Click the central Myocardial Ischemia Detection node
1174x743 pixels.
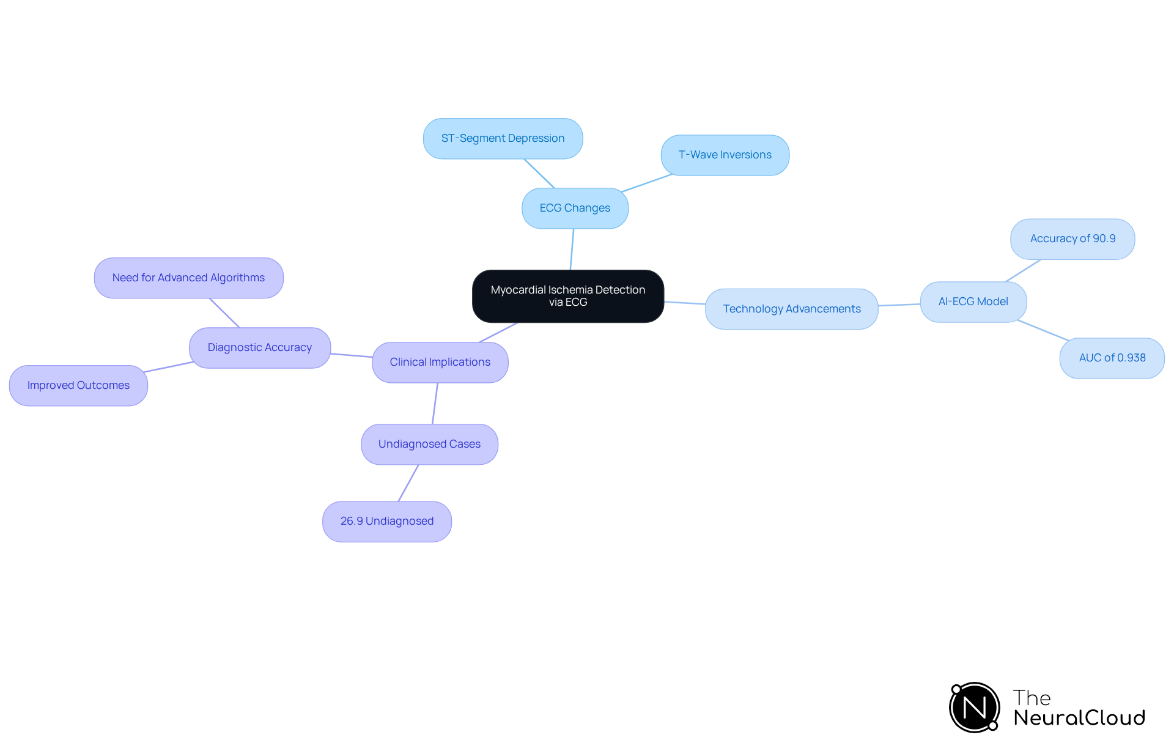[x=567, y=296]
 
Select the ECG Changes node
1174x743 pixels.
[x=575, y=208]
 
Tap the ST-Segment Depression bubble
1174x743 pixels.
[x=503, y=138]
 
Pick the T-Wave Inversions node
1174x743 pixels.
[x=725, y=155]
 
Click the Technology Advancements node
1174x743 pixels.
[x=791, y=309]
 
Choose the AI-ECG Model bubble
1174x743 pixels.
[x=973, y=301]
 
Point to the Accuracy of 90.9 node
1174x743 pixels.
[x=1072, y=238]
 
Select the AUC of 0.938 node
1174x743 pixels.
[x=1112, y=358]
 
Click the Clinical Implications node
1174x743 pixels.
[x=440, y=362]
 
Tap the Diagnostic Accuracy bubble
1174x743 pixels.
[x=259, y=347]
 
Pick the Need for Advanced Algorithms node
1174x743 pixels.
[x=188, y=278]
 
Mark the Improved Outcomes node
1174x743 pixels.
[x=78, y=385]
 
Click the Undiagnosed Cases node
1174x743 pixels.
[x=429, y=444]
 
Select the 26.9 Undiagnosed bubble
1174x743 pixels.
[x=386, y=521]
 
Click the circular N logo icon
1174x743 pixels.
[x=974, y=708]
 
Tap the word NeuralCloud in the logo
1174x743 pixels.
[x=1079, y=717]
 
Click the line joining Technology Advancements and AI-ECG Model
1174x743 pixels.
[x=899, y=305]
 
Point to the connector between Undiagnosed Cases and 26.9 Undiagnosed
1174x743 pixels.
[x=408, y=483]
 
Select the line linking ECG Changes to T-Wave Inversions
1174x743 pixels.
[x=647, y=183]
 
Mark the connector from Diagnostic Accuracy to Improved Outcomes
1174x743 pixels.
[x=169, y=367]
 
